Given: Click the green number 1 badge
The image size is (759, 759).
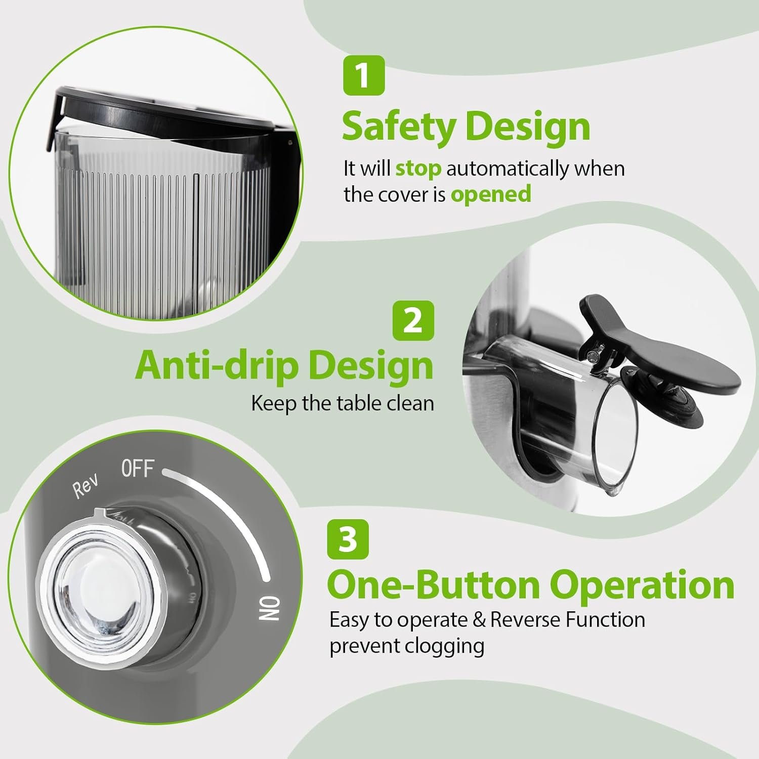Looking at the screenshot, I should coord(364,75).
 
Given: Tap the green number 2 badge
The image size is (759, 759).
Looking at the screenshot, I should coord(413,320).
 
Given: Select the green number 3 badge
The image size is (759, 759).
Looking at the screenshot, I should coord(348,539).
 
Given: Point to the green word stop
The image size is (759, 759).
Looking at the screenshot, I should coord(418,168).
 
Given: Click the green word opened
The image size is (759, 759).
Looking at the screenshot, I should coord(491,194).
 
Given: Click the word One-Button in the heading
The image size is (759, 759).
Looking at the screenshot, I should coord(433,585).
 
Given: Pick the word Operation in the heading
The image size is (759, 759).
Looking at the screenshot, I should coord(642,586).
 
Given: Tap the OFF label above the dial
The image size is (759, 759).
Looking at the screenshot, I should coord(137,470).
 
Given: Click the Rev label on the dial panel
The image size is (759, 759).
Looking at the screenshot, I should coord(86,487).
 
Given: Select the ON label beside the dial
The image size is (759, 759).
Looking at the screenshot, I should coord(269,607).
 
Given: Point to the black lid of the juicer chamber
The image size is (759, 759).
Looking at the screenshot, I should coord(167,111).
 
